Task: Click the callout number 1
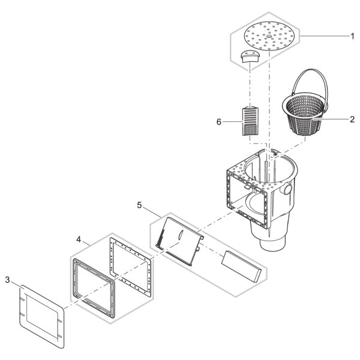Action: (x=352, y=36)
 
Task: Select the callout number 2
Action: (x=352, y=119)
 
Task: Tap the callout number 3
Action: (x=8, y=280)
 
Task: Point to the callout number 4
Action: (x=79, y=239)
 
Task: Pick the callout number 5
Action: (x=139, y=205)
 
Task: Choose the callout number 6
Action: (x=219, y=122)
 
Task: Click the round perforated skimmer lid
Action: (x=269, y=36)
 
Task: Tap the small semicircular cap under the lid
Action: (x=250, y=56)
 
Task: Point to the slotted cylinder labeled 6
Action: (x=250, y=121)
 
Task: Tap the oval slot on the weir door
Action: (x=180, y=235)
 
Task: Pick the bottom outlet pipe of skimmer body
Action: (x=273, y=244)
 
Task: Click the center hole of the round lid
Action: (x=269, y=36)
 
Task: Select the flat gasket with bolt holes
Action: (x=130, y=267)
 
